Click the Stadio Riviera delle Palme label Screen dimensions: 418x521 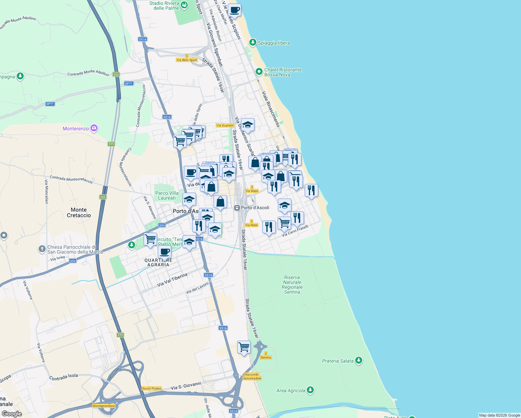[x=164, y=6]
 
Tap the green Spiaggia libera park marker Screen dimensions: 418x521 [x=253, y=42]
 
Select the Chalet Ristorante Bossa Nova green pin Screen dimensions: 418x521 [x=259, y=72]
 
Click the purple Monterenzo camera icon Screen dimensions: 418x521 [x=94, y=129]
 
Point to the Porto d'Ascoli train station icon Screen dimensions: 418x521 [x=237, y=208]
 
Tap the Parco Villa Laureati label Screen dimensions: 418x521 [x=167, y=195]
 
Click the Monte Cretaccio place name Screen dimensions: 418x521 [x=79, y=212]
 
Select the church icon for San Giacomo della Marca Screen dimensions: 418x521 [x=42, y=249]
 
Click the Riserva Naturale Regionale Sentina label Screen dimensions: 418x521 [x=292, y=285]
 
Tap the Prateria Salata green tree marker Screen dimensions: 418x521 [x=359, y=361]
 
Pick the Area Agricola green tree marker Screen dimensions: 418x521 [x=310, y=390]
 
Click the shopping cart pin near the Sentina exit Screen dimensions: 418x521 [x=244, y=347]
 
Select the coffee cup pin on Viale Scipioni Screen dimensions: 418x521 [x=235, y=10]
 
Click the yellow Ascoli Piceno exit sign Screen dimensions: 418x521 [x=151, y=388]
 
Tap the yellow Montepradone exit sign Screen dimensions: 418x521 [x=104, y=406]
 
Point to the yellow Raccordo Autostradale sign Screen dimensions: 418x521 [x=252, y=377]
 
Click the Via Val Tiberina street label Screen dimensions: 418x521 [x=172, y=280]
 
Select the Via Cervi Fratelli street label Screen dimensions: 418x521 [x=295, y=231]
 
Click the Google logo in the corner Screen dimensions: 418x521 [x=12, y=414]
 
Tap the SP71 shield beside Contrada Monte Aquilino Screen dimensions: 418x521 [x=129, y=84]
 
